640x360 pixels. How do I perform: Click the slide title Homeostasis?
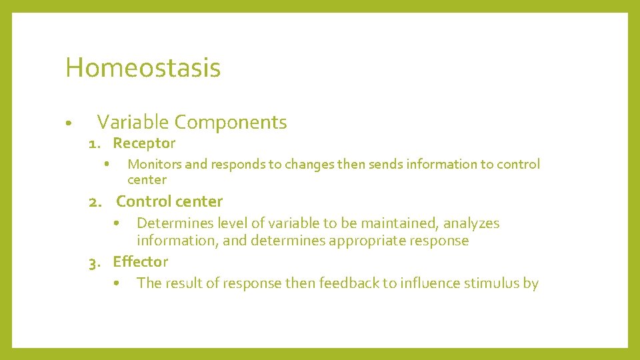(x=143, y=68)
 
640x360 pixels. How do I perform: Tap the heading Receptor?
(x=144, y=143)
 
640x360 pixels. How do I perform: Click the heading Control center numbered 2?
(x=169, y=201)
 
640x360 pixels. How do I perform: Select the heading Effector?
(x=140, y=262)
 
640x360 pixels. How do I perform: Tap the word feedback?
(x=349, y=283)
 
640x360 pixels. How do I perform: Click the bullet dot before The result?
(x=116, y=283)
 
